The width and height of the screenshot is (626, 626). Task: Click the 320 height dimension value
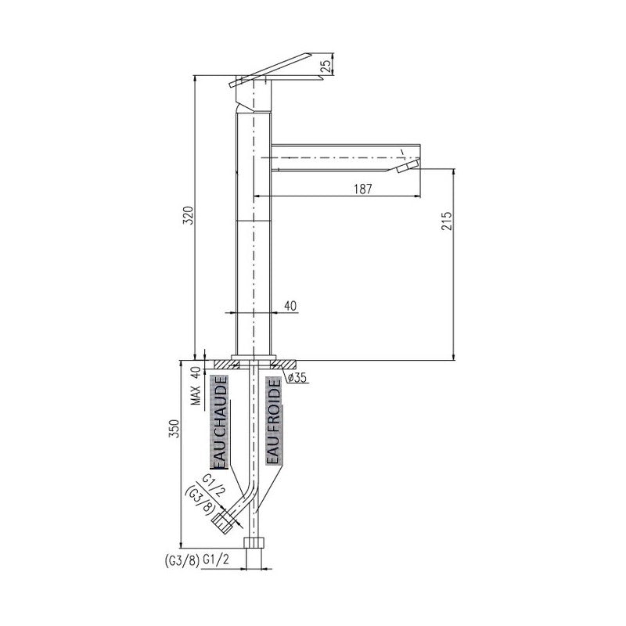tap(189, 215)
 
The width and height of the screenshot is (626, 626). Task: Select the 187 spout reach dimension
tap(363, 189)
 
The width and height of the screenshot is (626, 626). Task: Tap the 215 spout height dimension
tap(447, 221)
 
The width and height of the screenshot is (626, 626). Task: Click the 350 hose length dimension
tap(174, 429)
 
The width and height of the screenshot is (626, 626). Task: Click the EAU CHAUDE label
tap(219, 422)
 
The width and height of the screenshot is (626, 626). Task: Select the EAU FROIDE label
tap(274, 422)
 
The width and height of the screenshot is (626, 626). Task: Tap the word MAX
tap(196, 396)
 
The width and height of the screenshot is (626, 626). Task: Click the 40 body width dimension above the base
tap(290, 306)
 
